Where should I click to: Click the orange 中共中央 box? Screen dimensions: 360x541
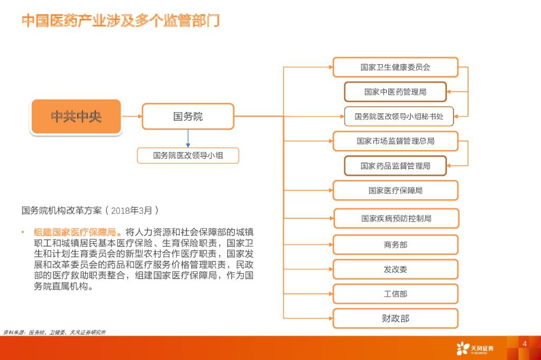[x=77, y=117]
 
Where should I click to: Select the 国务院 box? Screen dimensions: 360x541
[x=188, y=117]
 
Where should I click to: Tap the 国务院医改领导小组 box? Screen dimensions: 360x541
[x=188, y=155]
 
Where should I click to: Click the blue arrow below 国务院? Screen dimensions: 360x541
[x=188, y=138]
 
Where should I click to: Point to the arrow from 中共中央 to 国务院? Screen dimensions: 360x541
[x=132, y=116]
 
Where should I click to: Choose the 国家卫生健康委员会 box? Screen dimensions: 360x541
[x=395, y=68]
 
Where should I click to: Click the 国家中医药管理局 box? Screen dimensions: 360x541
[x=395, y=92]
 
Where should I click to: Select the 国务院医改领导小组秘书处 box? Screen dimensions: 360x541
[x=399, y=116]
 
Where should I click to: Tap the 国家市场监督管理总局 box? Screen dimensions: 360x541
[x=395, y=141]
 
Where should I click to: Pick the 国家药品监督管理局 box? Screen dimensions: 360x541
[x=395, y=166]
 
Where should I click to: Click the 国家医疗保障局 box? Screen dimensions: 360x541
[x=395, y=191]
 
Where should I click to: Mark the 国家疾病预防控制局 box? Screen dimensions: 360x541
[x=396, y=219]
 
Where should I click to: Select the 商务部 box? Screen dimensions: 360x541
[x=395, y=245]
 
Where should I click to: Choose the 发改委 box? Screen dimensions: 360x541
[x=395, y=269]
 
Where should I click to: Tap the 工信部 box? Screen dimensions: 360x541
[x=395, y=294]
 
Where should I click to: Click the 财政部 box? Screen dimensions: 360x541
[x=395, y=318]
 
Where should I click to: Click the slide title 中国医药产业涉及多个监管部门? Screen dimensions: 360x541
[x=120, y=21]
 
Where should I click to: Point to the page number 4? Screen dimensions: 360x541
[x=524, y=344]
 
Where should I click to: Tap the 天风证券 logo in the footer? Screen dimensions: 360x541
[x=475, y=348]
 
